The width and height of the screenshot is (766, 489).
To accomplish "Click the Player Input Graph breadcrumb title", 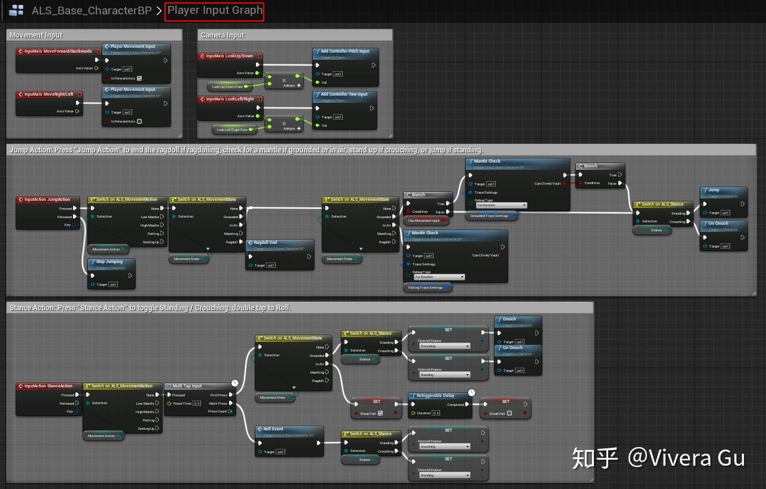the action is [x=215, y=11].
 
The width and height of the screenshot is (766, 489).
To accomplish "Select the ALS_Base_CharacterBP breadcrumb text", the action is [x=91, y=11].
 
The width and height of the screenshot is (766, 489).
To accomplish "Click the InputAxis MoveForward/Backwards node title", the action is [x=58, y=51].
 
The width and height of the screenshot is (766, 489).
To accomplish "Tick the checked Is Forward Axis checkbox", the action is [x=139, y=78].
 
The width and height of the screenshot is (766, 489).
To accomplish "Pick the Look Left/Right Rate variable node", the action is [x=232, y=129].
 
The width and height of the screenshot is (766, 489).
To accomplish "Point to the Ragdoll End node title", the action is [x=265, y=243].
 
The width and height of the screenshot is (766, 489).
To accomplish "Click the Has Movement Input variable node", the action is [x=424, y=221].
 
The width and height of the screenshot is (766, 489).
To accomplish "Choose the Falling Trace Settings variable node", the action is [x=425, y=288].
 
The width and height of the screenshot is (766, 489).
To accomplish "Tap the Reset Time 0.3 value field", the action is [x=196, y=404].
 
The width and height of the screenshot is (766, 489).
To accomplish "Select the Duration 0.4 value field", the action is [x=436, y=413].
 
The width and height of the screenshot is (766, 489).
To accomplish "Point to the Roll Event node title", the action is [x=273, y=429].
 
